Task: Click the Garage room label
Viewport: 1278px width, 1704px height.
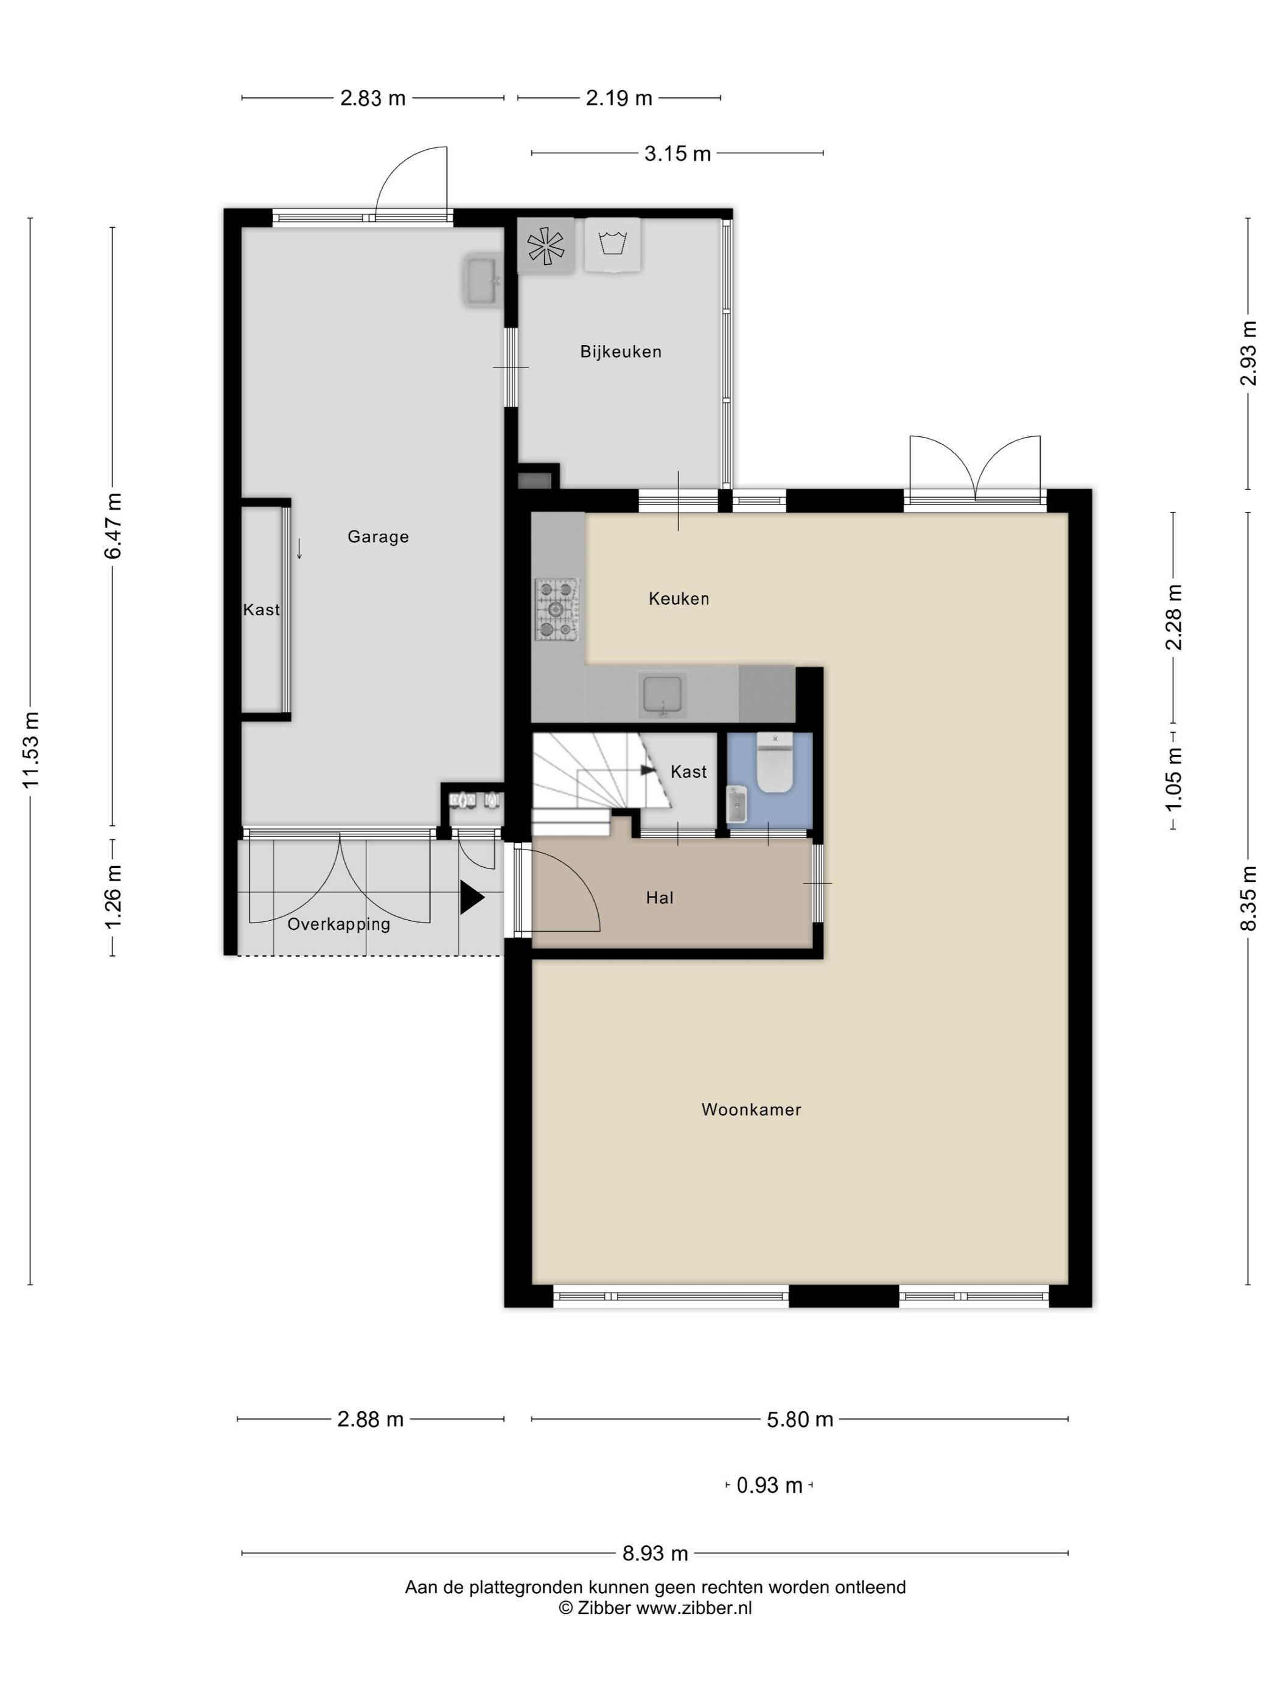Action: coord(377,537)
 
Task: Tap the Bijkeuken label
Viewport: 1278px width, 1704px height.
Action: coord(620,352)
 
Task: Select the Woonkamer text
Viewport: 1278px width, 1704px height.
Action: coord(751,1109)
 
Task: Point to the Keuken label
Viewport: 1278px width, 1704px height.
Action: coord(679,599)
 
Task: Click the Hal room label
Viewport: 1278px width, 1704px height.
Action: coord(660,898)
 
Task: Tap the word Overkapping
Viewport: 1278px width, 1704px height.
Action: coord(339,924)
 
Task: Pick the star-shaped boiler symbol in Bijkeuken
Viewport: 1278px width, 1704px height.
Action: coord(545,246)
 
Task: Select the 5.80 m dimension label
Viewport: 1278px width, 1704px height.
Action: coord(800,1419)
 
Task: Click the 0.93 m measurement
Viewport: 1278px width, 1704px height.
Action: coord(770,1486)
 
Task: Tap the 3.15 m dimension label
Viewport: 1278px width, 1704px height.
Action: coord(677,154)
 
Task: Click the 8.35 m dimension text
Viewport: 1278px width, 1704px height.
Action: coord(1248,898)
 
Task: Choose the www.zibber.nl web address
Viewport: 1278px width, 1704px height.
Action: coord(693,1608)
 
